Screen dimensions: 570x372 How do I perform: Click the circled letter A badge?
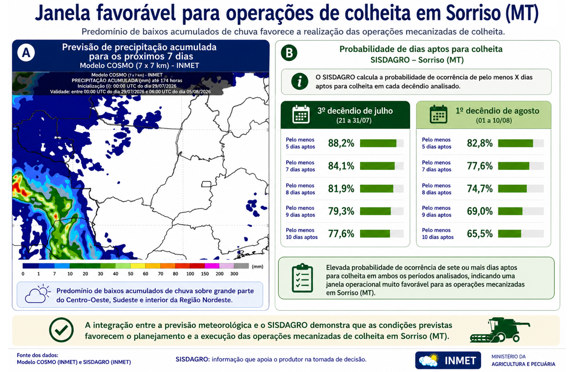pos(26,53)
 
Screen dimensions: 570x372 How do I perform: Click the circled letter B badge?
pos(289,53)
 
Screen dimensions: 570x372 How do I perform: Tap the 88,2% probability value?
pos(341,143)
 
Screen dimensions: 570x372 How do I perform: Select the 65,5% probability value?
pos(480,233)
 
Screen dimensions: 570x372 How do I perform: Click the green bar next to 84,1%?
pos(377,166)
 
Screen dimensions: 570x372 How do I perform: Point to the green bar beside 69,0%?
pos(510,211)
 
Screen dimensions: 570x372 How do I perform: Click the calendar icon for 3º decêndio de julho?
pos(301,114)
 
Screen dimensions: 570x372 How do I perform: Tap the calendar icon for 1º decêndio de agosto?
pos(438,114)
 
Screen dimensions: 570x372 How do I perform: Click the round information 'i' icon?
pos(300,82)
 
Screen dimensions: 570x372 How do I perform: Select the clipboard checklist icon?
pos(302,278)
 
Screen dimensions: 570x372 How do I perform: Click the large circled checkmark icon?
pos(61,330)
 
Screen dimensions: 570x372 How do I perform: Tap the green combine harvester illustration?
pos(500,330)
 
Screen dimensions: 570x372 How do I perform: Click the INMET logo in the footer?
pos(448,360)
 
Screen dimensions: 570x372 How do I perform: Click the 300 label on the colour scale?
pos(234,274)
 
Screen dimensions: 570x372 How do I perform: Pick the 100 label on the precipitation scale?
pos(190,274)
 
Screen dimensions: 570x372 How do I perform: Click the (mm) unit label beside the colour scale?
pos(257,267)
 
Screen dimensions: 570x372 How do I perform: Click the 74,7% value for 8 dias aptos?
pos(480,189)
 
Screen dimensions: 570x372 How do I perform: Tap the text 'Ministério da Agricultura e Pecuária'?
pos(523,360)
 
